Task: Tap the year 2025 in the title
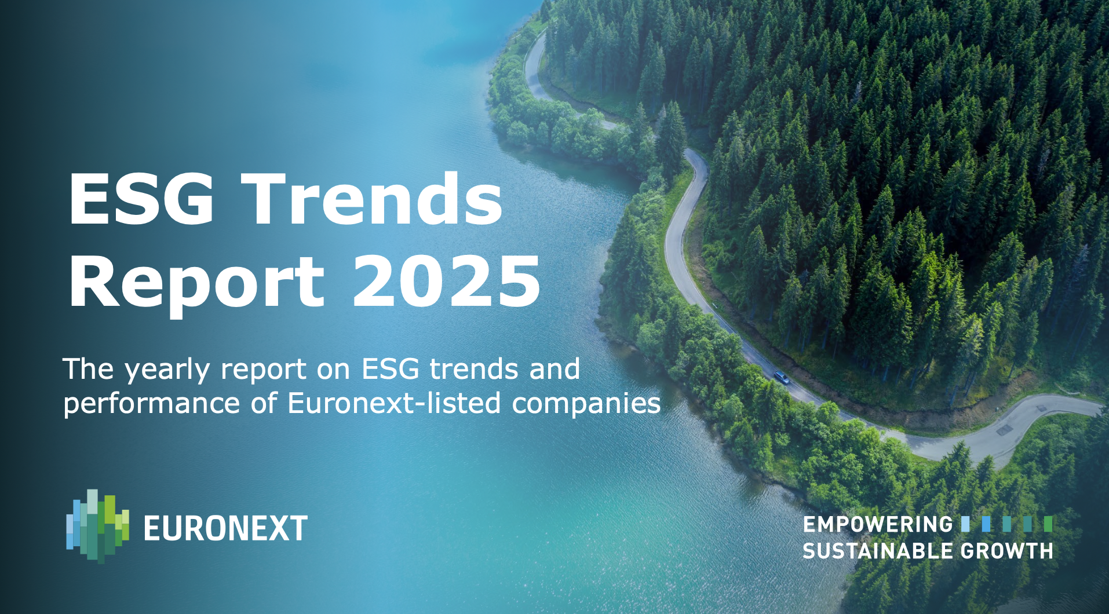point(446,282)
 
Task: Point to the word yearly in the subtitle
point(167,370)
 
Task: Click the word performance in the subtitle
point(151,404)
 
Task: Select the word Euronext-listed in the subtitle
point(394,403)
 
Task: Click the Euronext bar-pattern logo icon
point(97,526)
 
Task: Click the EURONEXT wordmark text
point(225,528)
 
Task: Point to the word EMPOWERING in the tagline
point(877,524)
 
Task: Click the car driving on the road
point(780,377)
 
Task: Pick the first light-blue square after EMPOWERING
point(965,524)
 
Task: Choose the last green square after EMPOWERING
point(1048,524)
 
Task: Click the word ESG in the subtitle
point(390,369)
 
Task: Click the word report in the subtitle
point(264,370)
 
